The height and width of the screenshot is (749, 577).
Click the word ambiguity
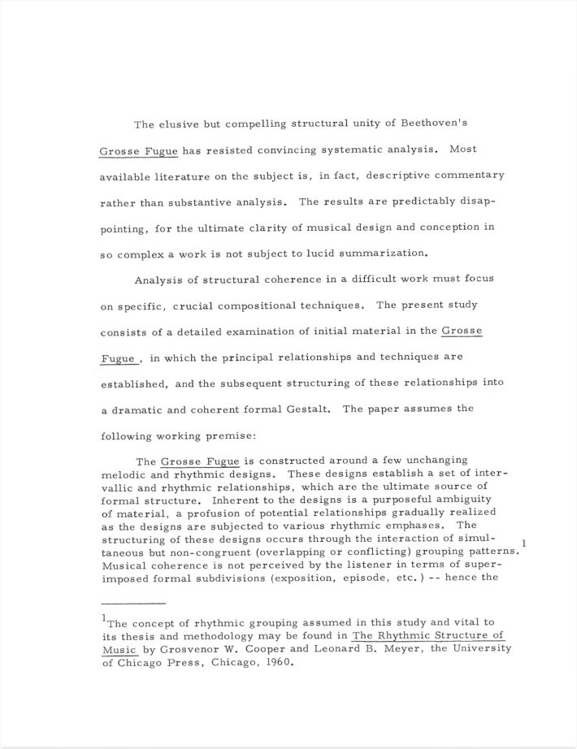(460, 500)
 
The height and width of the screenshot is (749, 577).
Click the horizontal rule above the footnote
(133, 604)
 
